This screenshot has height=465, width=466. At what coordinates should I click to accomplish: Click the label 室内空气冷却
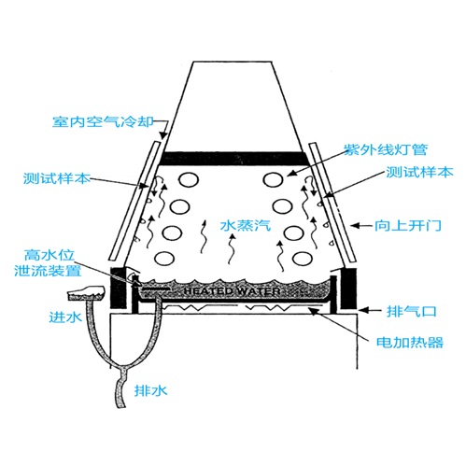pos(103,121)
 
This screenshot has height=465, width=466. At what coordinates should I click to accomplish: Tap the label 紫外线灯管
pos(386,149)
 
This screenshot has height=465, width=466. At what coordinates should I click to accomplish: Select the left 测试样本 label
pos(57,178)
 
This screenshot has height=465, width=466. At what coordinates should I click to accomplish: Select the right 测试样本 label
pos(419,172)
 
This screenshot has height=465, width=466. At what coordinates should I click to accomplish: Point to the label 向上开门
pos(408,225)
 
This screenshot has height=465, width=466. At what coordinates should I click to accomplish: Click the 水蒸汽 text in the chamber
pos(246,225)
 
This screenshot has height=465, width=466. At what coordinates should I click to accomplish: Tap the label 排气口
pos(412,311)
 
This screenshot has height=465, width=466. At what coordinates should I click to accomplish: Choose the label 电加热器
pos(410,342)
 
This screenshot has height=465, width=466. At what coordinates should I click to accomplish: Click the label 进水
pos(65,317)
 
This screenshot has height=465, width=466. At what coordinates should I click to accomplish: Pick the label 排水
pos(150,390)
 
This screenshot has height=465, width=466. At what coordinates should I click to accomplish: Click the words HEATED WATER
pos(233,291)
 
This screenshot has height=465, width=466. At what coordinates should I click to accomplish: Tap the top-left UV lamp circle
pos(189,180)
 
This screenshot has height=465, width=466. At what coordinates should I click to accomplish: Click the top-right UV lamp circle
pos(273,179)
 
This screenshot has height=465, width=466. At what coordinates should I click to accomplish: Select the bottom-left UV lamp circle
pos(164,259)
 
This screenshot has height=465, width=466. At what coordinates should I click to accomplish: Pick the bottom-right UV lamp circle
pos(303,259)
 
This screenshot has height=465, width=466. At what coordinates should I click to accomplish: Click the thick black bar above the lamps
pos(234,159)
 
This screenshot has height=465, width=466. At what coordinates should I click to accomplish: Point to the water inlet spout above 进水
pos(87,292)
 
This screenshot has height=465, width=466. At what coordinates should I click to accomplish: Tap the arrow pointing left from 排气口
pos(370,310)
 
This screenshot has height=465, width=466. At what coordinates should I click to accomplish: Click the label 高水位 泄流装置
pos(48,263)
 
